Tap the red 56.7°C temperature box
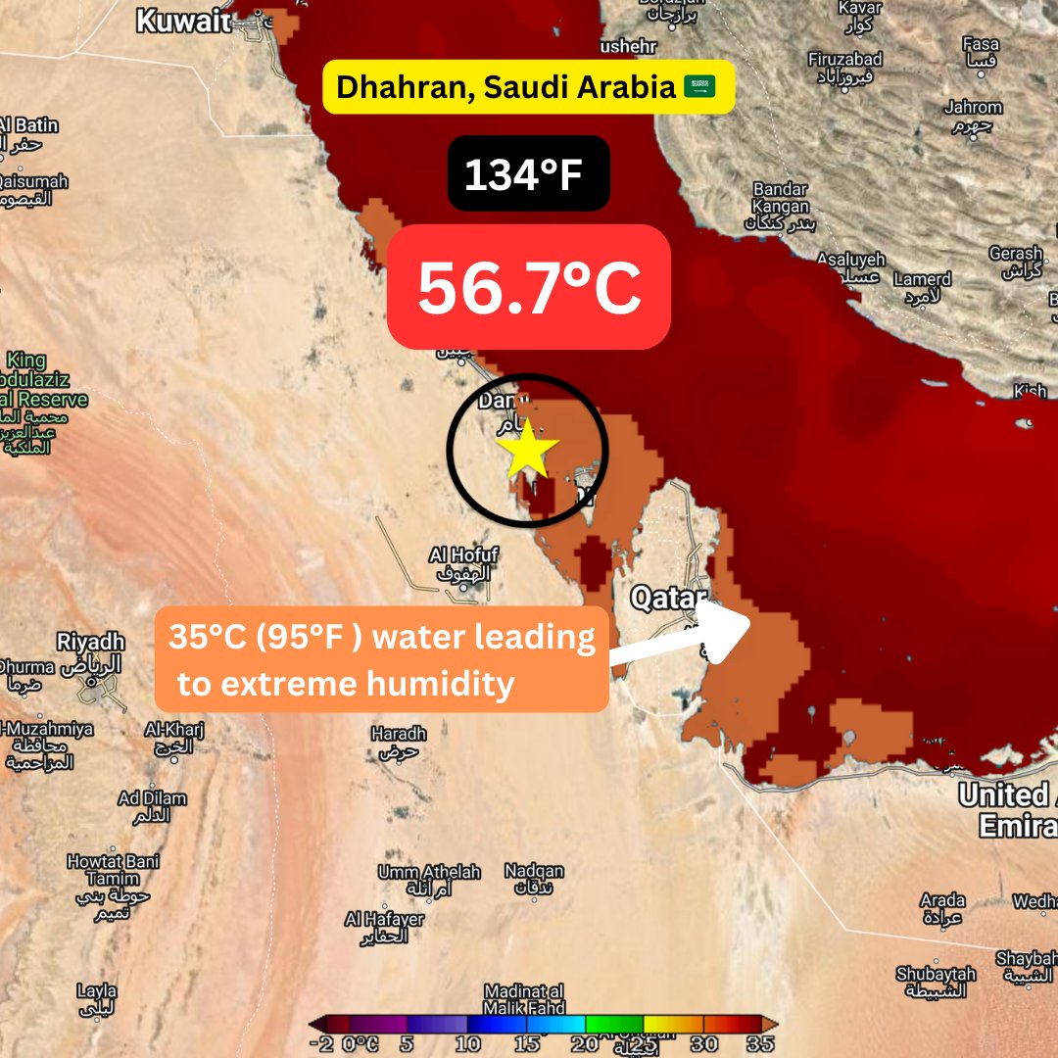(529, 287)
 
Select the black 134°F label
(529, 173)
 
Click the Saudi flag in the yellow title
(699, 87)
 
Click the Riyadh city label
(91, 643)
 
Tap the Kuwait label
(176, 21)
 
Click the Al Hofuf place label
(464, 555)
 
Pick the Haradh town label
(399, 734)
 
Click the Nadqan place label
(534, 871)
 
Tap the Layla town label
(95, 990)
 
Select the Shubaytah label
(936, 975)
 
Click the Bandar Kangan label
(780, 197)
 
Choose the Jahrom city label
(973, 108)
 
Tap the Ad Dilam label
(153, 798)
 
